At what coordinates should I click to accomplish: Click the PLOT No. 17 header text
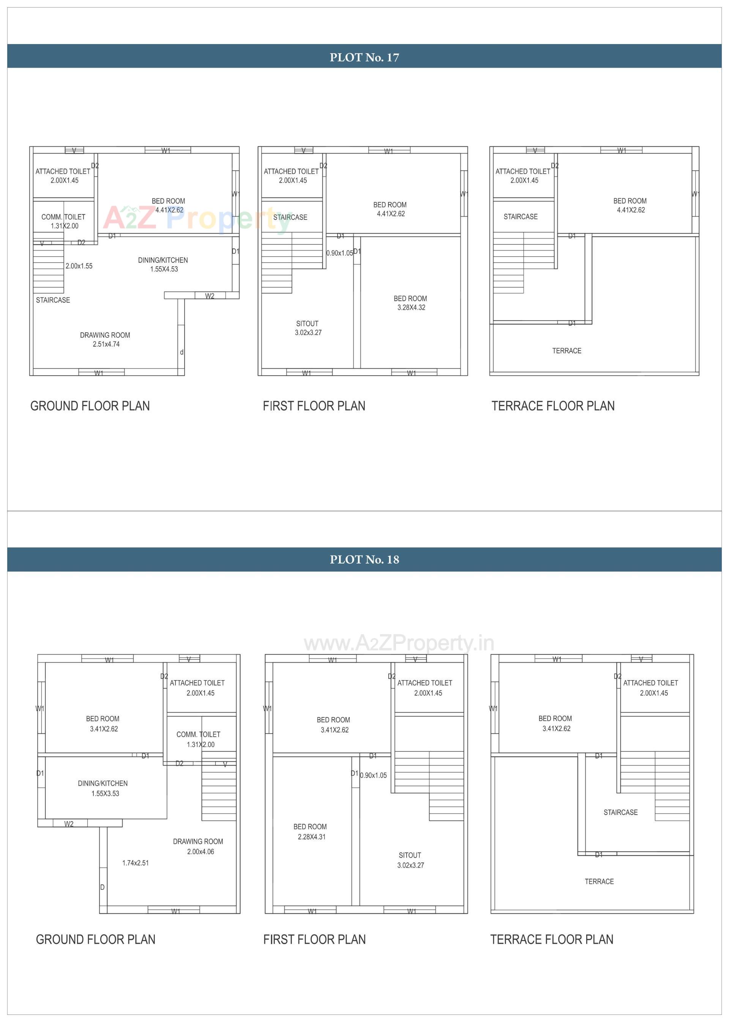[x=364, y=57]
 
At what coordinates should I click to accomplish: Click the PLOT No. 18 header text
[x=364, y=559]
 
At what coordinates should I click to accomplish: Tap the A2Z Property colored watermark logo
[x=197, y=219]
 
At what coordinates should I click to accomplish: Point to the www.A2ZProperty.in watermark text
[x=399, y=643]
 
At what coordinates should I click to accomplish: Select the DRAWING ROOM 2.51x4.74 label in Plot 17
[x=106, y=340]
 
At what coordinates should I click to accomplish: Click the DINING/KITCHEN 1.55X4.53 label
[x=163, y=264]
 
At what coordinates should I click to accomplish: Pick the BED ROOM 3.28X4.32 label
[x=411, y=303]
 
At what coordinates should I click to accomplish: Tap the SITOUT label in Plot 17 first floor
[x=308, y=328]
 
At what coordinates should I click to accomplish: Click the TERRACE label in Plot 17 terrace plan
[x=566, y=351]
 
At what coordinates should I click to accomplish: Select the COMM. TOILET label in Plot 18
[x=199, y=739]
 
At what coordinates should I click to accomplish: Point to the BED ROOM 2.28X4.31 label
[x=311, y=832]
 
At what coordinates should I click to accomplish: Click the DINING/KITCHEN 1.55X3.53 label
[x=103, y=788]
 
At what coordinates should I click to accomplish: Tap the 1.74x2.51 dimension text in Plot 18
[x=136, y=862]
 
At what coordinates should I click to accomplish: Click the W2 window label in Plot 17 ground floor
[x=210, y=296]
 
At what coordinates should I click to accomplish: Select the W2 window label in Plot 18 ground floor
[x=69, y=823]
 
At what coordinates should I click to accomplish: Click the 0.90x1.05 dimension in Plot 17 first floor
[x=339, y=253]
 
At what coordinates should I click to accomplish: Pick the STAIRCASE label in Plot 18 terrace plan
[x=620, y=812]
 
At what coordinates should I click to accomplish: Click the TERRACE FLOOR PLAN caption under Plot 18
[x=552, y=939]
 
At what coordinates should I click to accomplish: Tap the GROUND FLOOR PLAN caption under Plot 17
[x=90, y=406]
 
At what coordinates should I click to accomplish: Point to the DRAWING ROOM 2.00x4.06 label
[x=199, y=847]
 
